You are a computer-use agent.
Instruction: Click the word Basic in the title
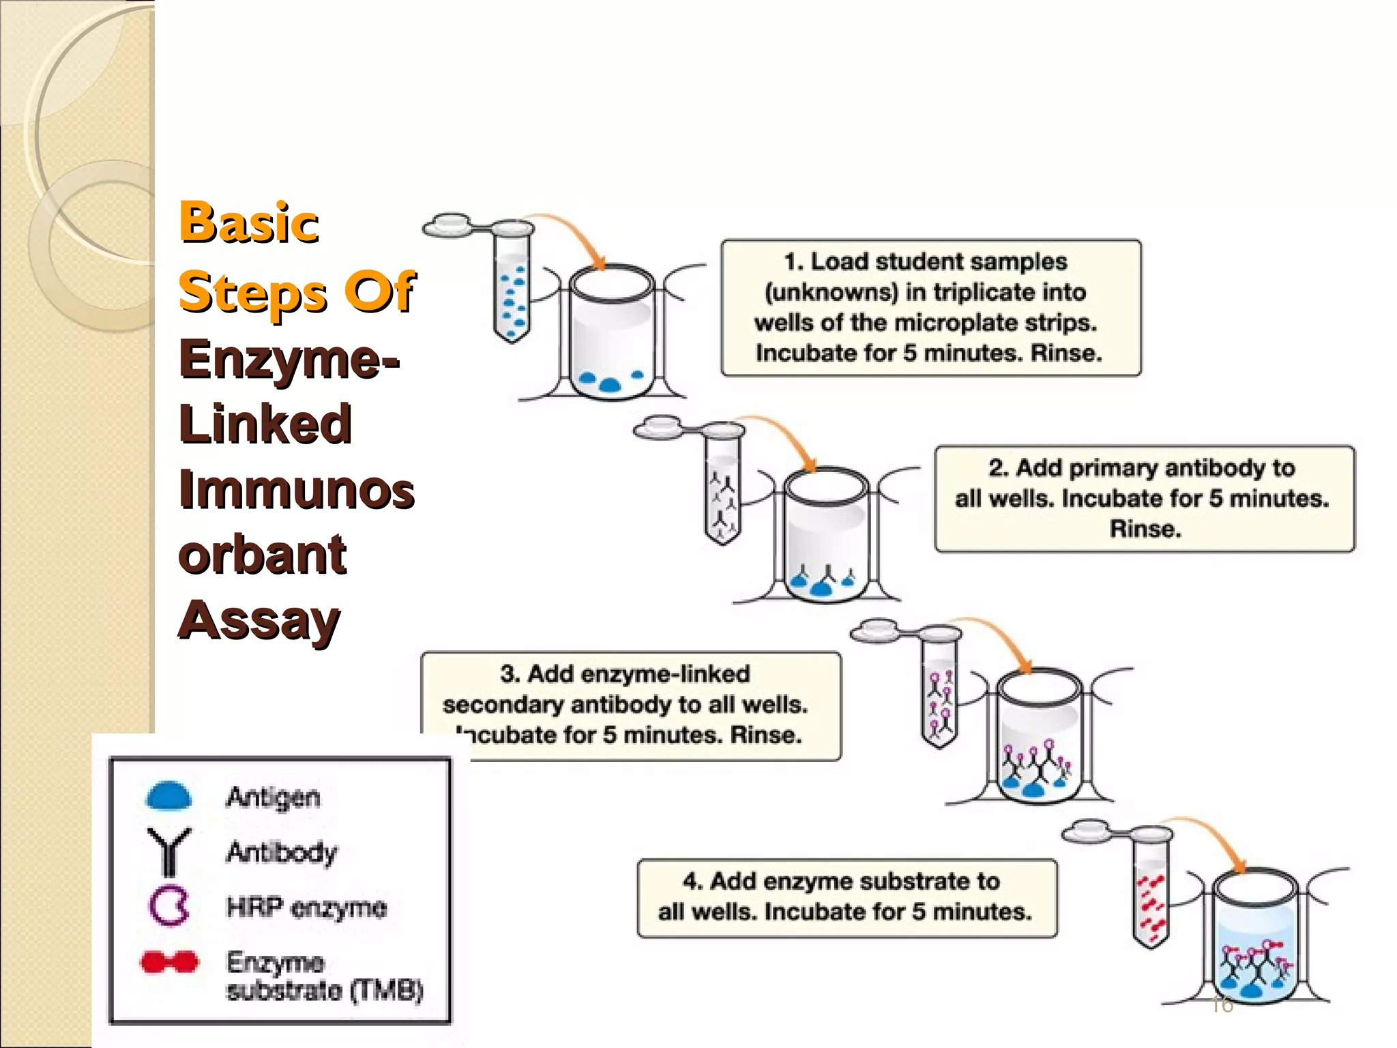coord(249,222)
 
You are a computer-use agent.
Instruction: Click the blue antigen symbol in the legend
coord(168,796)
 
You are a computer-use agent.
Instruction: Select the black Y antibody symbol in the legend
coord(168,851)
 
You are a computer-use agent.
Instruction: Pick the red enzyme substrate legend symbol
coord(169,962)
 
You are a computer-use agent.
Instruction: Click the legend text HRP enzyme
coord(306,907)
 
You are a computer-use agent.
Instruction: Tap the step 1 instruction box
coord(930,307)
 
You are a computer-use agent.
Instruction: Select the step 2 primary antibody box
coord(1144,499)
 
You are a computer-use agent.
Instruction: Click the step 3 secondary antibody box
coord(631,705)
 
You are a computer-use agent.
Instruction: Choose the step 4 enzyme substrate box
coord(847,897)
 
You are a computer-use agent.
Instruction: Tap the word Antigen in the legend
coord(273,797)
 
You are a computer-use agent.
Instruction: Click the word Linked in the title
coord(265,424)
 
